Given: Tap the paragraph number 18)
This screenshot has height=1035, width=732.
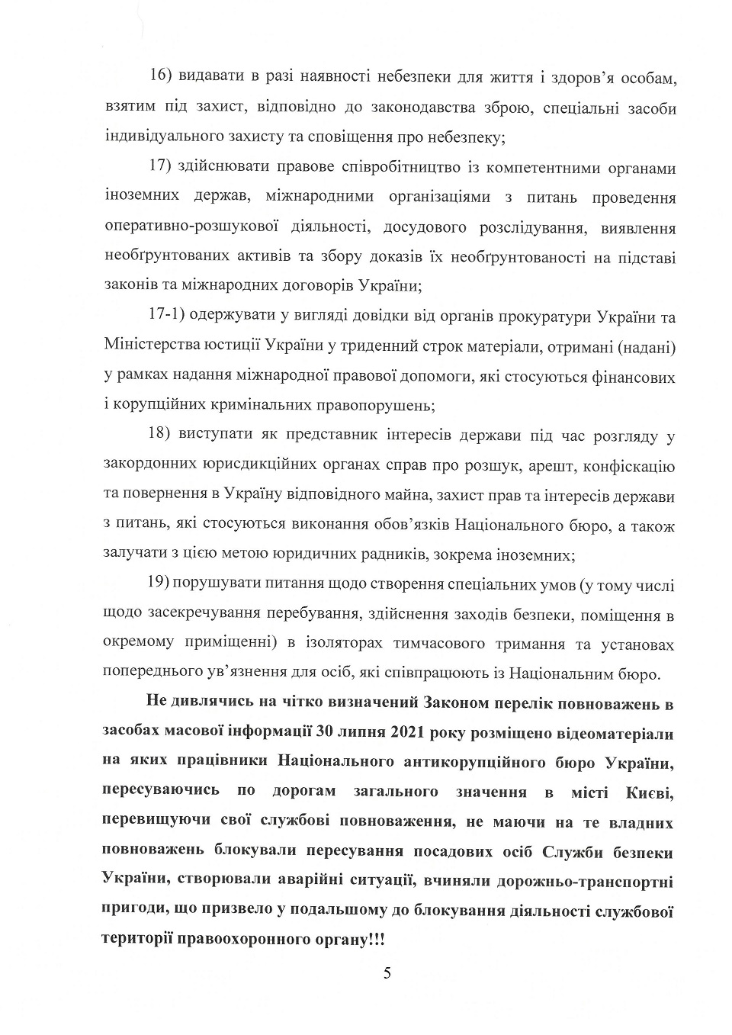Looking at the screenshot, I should pos(162,436).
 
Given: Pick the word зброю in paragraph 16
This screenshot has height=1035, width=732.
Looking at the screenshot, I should pos(504,108).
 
